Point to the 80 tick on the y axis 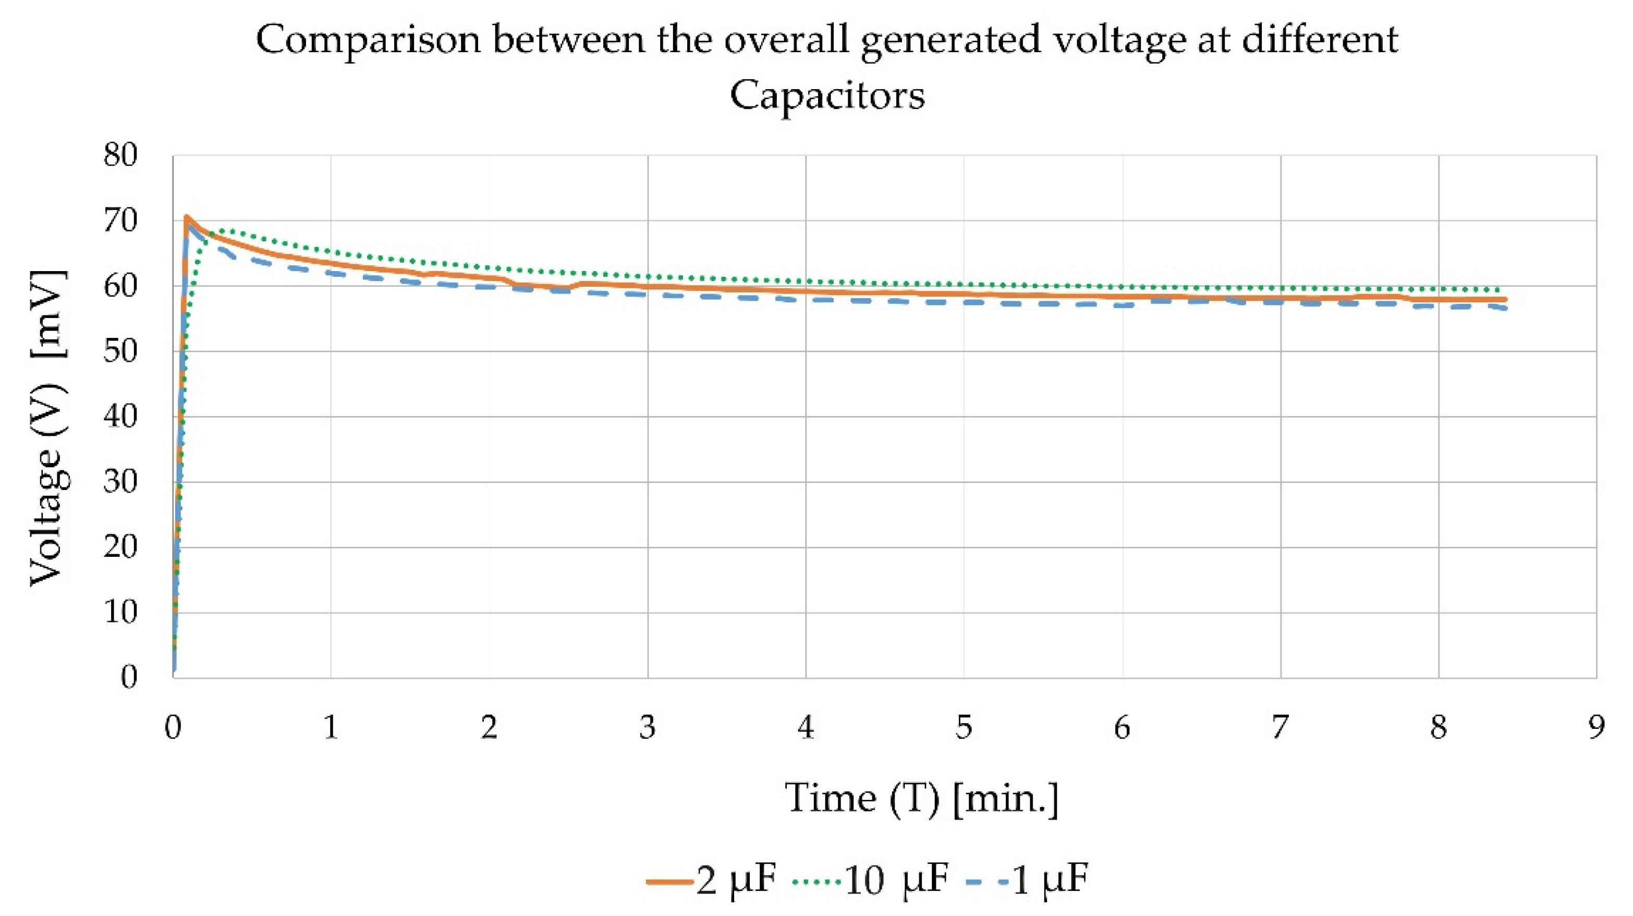120,155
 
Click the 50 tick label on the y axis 120,351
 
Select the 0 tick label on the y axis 129,678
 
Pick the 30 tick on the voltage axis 120,482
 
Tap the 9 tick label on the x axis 1596,728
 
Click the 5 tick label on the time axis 964,728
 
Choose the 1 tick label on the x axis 331,728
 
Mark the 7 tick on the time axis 1280,728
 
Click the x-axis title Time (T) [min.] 922,799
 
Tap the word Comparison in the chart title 368,41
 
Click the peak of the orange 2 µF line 186,217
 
